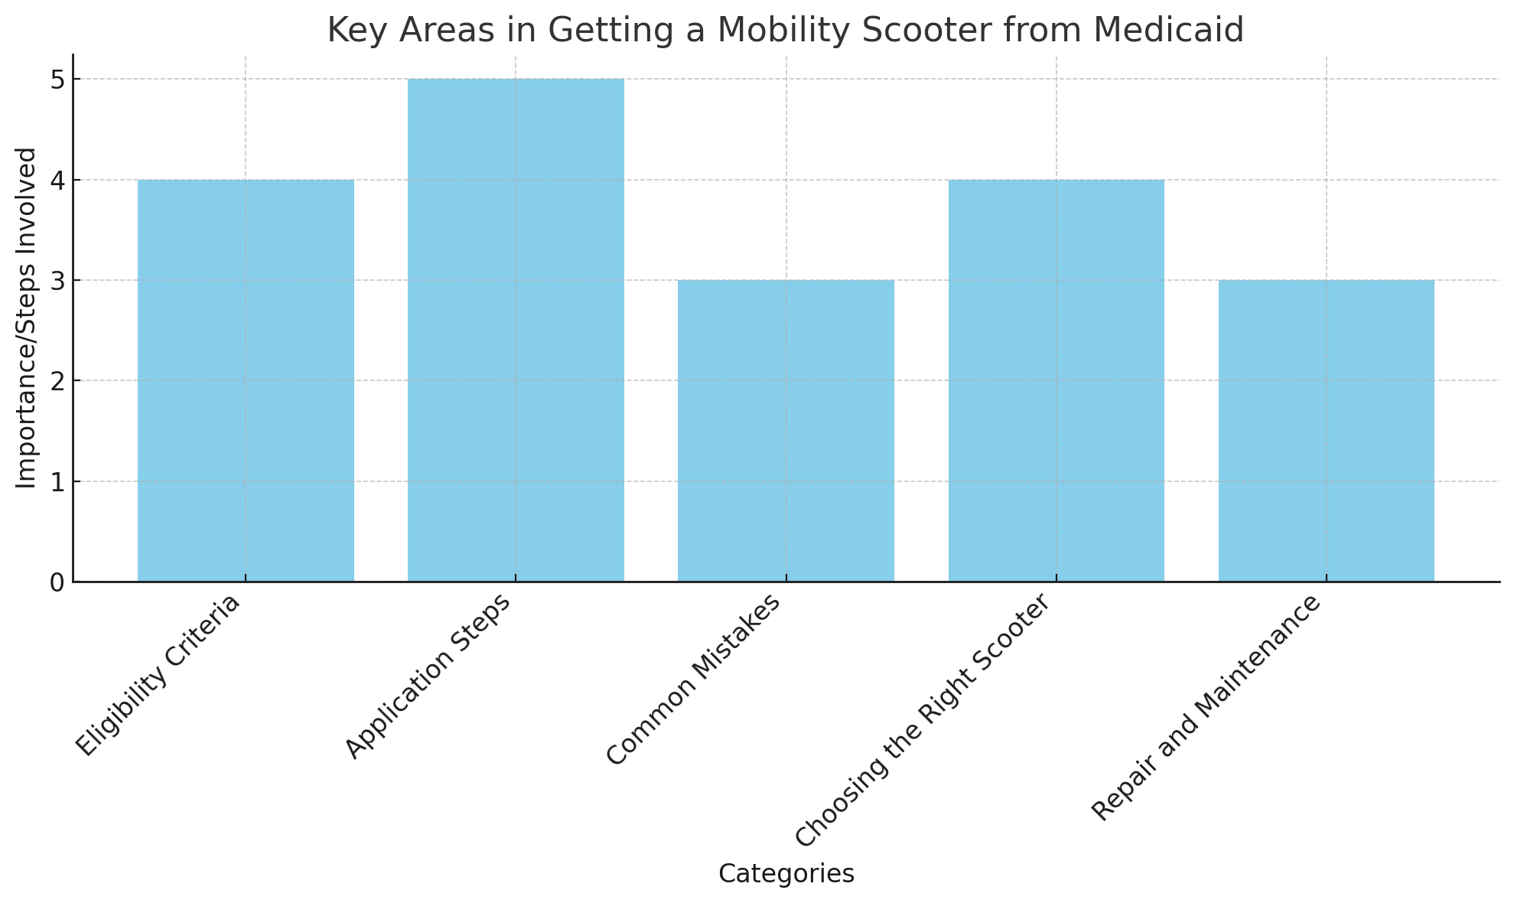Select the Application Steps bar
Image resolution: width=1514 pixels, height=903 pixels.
coord(516,330)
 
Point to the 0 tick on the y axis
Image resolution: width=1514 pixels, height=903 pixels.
coord(57,583)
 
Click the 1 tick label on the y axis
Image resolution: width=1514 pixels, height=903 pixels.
coord(57,482)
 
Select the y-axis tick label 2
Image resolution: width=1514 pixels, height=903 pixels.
coord(57,381)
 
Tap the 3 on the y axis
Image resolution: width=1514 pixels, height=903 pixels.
coord(57,281)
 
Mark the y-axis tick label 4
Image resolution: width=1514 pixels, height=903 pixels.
coord(57,181)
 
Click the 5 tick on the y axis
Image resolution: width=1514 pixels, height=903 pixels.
coord(57,80)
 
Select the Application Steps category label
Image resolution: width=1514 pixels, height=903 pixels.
coord(428,676)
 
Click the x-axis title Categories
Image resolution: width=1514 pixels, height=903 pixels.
coord(786,874)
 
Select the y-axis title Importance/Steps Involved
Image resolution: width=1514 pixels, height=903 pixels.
coord(27,318)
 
